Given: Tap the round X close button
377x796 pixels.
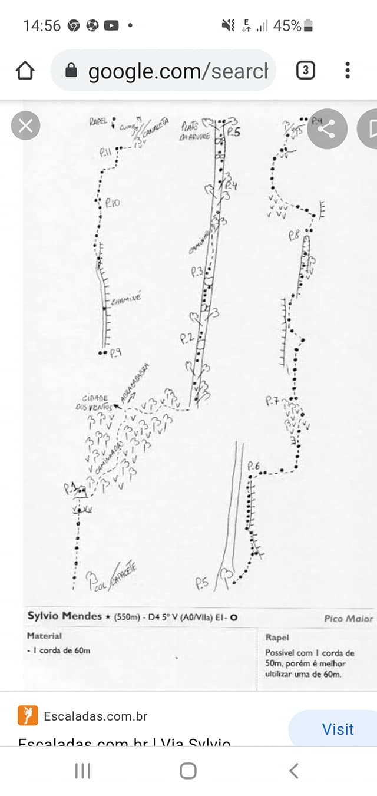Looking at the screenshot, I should pyautogui.click(x=25, y=126).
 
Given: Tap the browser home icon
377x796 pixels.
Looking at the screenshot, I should pyautogui.click(x=25, y=71).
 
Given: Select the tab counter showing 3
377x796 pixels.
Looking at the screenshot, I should pyautogui.click(x=305, y=71).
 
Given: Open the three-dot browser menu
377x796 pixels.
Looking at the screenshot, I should pyautogui.click(x=348, y=71).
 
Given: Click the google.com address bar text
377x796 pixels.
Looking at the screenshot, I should pyautogui.click(x=177, y=71).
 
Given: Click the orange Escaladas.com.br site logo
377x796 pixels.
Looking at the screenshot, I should pyautogui.click(x=28, y=715).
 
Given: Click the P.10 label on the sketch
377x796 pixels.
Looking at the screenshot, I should pyautogui.click(x=113, y=203).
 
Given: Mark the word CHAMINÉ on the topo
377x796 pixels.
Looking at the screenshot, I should pyautogui.click(x=126, y=300).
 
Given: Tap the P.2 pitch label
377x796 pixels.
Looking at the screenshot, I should pyautogui.click(x=187, y=338).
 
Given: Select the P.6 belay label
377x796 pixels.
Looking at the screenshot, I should pyautogui.click(x=254, y=466).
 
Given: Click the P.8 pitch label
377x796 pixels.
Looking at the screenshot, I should pyautogui.click(x=295, y=235).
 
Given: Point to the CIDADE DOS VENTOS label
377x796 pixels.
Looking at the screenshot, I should pyautogui.click(x=91, y=402).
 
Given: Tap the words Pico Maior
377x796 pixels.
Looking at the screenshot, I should pyautogui.click(x=348, y=619).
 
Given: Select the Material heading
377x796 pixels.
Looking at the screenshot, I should pyautogui.click(x=44, y=636).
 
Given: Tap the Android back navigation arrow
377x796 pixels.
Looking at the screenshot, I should pyautogui.click(x=294, y=770).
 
